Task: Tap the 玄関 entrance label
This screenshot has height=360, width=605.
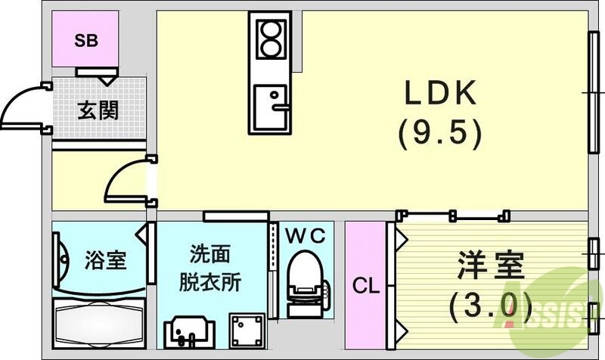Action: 98,110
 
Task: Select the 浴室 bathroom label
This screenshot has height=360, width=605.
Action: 104,262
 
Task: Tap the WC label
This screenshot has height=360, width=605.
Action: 306,236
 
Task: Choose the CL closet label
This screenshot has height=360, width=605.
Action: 366,287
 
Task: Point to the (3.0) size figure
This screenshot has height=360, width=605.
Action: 489,305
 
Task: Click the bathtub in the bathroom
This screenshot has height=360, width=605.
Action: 98,321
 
